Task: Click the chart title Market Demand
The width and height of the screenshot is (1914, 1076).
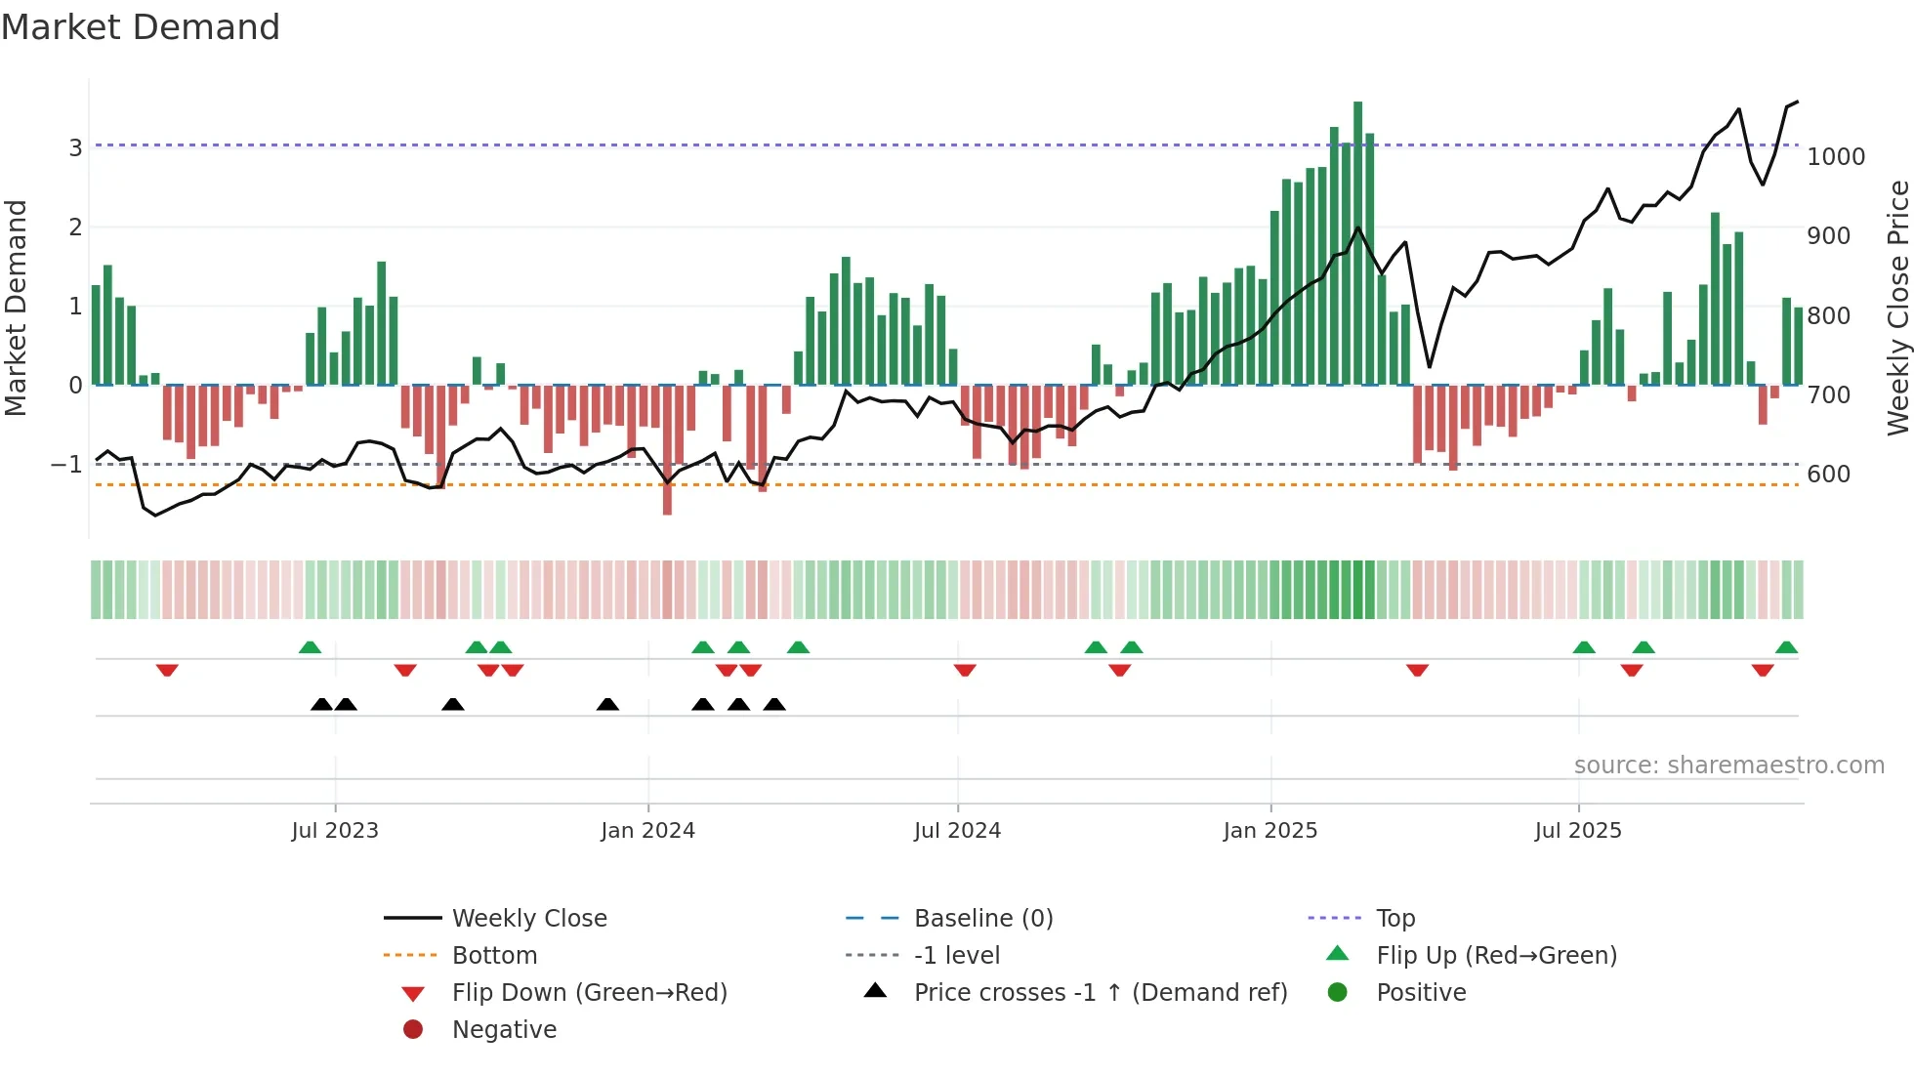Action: [x=141, y=27]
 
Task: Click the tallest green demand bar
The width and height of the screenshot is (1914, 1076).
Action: [x=1357, y=244]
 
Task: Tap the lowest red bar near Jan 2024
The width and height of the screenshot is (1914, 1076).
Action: [x=667, y=449]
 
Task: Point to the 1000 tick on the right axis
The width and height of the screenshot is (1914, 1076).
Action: [x=1836, y=157]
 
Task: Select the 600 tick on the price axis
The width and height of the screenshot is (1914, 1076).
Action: [x=1827, y=475]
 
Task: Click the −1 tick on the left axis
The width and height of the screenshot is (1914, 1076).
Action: [x=66, y=465]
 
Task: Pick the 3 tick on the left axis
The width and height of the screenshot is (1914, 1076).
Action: [x=75, y=148]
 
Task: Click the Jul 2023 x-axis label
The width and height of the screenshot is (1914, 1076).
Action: [x=335, y=831]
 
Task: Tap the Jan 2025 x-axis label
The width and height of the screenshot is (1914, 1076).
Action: [x=1269, y=831]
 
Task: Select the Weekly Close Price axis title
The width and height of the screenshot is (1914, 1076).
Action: [x=1897, y=308]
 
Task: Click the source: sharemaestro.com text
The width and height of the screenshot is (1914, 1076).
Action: [x=1728, y=766]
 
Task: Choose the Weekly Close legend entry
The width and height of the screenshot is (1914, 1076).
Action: [x=529, y=919]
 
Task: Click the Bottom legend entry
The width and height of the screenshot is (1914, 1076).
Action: [x=494, y=956]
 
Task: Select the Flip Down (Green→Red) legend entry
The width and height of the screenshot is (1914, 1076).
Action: [x=589, y=993]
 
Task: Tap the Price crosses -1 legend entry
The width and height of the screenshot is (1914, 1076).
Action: [x=1100, y=993]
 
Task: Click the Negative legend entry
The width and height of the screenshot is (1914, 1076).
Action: [x=504, y=1030]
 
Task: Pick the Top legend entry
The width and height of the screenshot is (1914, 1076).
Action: [x=1395, y=919]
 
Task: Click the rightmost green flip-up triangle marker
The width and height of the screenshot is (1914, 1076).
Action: [x=1786, y=647]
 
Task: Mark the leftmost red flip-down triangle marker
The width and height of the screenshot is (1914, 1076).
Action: [x=167, y=671]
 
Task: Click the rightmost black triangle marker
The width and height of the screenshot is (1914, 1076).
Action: [x=774, y=704]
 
